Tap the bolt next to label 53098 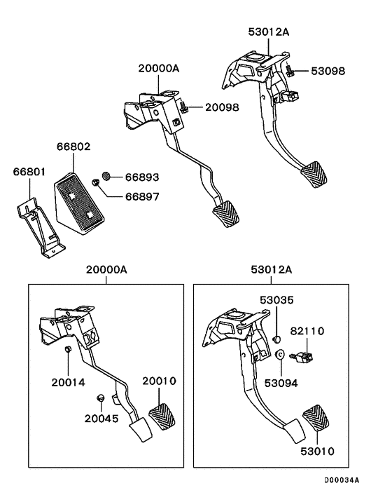click(288, 69)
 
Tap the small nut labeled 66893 click(108, 175)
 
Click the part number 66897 click(142, 197)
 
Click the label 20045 click(101, 419)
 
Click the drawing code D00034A click(341, 480)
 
